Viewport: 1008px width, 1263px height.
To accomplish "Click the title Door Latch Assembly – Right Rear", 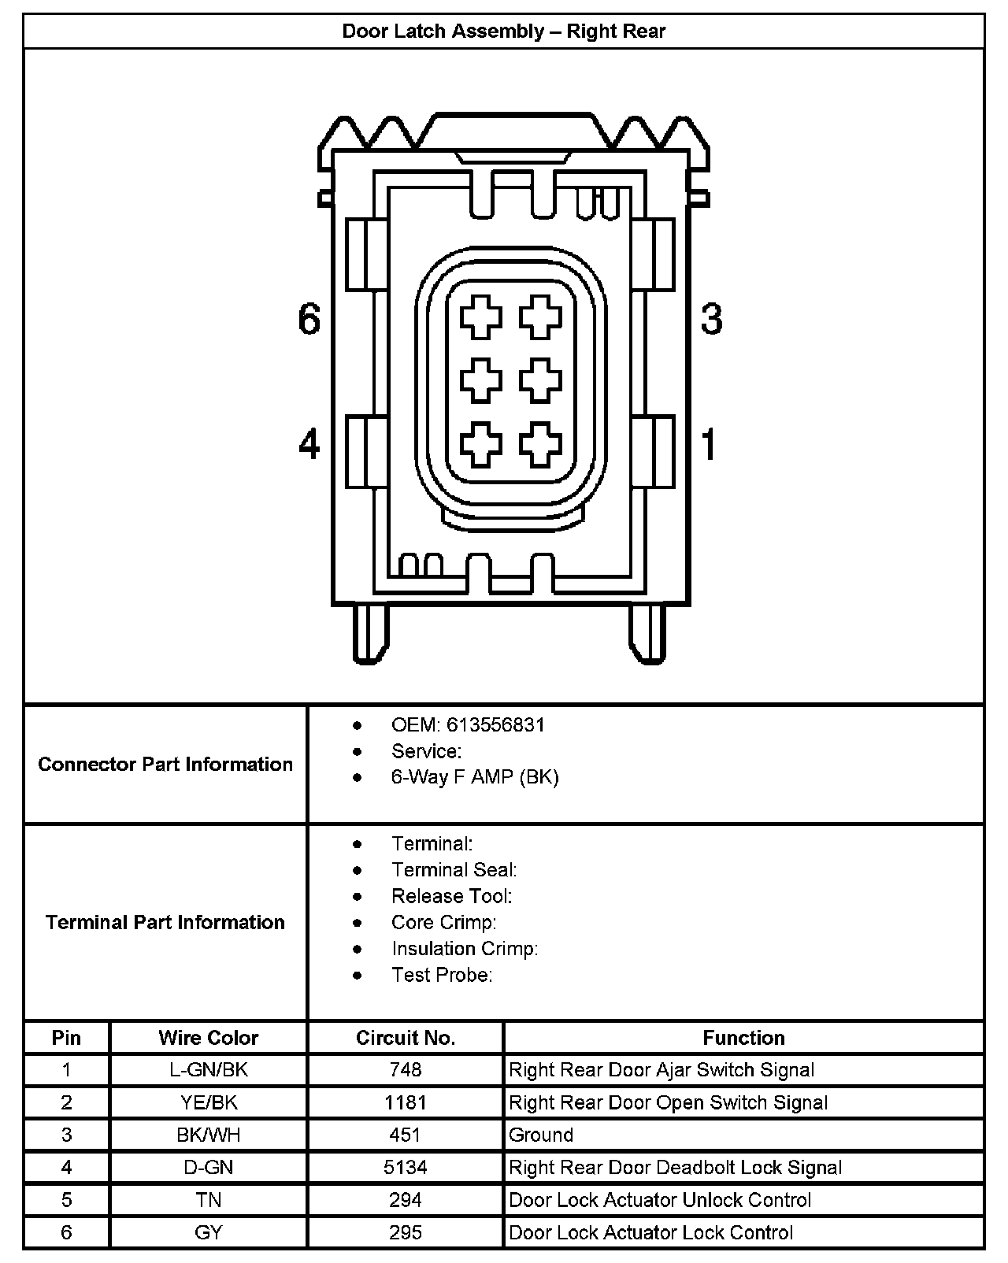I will point(504,31).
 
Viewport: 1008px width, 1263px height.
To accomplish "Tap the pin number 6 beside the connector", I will point(309,320).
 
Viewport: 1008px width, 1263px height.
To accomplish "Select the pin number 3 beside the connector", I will point(711,320).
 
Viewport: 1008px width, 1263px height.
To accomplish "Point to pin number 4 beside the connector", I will point(309,445).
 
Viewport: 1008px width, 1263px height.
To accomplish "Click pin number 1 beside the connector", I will point(710,445).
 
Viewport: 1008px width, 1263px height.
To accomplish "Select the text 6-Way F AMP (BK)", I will point(475,777).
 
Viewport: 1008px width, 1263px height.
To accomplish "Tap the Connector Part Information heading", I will point(165,765).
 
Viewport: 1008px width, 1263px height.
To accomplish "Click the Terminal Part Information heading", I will point(165,922).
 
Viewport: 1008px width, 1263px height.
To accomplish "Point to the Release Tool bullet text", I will point(452,896).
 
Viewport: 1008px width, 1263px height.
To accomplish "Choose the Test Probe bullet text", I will point(442,975).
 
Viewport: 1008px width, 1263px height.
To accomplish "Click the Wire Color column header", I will point(209,1038).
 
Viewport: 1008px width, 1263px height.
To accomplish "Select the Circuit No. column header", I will point(406,1038).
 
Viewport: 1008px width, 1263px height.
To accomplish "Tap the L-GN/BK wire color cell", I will point(209,1070).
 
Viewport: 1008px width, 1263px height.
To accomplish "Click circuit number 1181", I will point(406,1102).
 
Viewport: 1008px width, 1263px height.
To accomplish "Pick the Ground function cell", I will point(541,1135).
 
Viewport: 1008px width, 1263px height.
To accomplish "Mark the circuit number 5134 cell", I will point(406,1168).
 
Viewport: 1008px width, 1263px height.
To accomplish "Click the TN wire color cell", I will point(209,1200).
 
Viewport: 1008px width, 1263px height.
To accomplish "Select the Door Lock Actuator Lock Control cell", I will point(651,1232).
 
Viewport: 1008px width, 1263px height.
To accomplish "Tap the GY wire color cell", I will point(209,1232).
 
